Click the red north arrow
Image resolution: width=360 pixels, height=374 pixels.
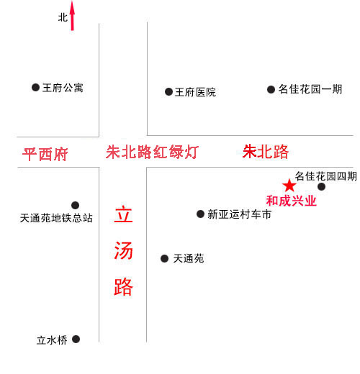pos(72,16)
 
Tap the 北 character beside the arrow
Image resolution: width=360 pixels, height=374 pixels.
pos(63,17)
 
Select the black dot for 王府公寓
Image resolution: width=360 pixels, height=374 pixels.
pos(35,87)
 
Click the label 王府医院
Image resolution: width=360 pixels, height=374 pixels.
pos(195,92)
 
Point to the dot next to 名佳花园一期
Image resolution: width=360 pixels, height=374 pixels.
pos(271,90)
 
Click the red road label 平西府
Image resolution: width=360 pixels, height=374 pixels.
pos(45,154)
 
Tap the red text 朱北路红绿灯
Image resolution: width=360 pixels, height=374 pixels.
pos(152,152)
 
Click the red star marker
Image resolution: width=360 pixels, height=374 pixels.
pos(289,186)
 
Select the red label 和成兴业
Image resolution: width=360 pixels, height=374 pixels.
pos(292,201)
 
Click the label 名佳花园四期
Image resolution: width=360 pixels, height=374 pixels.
pos(326,176)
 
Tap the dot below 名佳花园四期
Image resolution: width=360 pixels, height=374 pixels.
pos(321,186)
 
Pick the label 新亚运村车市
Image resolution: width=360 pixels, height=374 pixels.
pos(239,214)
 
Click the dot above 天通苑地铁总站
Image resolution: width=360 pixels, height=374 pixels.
pos(75,205)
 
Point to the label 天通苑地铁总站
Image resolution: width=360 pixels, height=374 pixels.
pos(56,218)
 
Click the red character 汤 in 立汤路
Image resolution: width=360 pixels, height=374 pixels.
pos(123,250)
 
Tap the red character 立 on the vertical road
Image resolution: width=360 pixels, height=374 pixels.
pos(123,214)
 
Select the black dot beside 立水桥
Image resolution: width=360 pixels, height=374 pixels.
pos(76,339)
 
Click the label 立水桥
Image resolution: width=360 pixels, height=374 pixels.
pos(52,340)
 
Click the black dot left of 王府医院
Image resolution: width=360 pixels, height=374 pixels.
pos(168,91)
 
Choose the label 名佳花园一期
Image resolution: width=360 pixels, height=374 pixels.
pos(310,89)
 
